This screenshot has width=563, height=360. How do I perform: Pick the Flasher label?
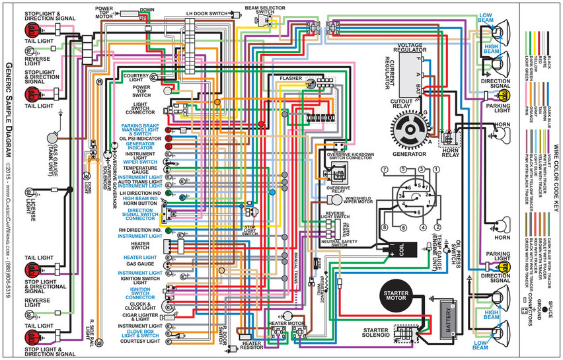[x=291, y=78]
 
